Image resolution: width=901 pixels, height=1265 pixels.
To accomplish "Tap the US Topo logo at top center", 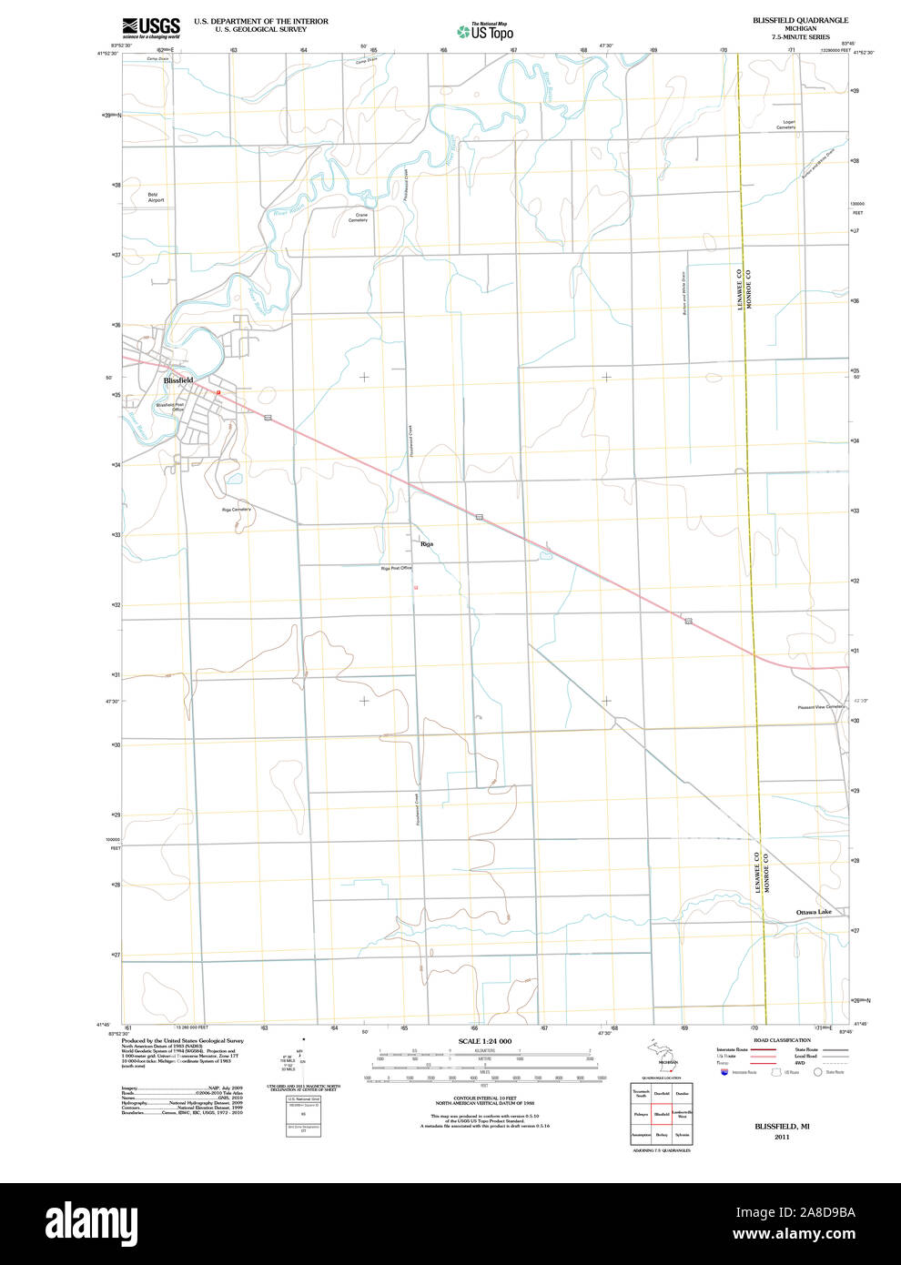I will [485, 32].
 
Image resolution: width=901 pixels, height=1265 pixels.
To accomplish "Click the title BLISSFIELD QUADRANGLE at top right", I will [800, 20].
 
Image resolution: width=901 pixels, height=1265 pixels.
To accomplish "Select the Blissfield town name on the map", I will [178, 379].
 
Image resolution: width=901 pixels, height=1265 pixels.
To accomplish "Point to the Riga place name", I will [427, 543].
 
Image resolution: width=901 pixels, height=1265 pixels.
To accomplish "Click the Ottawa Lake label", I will [814, 912].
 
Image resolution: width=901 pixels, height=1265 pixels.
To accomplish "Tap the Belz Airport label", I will [157, 197].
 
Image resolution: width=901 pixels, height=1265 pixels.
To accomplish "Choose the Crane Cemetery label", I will [358, 218].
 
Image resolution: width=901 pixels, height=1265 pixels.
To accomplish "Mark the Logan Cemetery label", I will [786, 125].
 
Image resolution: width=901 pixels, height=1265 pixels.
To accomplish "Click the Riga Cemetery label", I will [237, 510].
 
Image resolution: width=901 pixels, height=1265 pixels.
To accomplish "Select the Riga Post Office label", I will [397, 568].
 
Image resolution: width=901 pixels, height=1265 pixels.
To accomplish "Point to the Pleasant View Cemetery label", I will [822, 707].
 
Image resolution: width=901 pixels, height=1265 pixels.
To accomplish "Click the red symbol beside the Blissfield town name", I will [219, 392].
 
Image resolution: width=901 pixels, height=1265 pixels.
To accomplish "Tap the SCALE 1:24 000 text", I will [484, 1041].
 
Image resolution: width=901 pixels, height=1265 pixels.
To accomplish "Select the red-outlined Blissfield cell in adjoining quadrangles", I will [662, 1114].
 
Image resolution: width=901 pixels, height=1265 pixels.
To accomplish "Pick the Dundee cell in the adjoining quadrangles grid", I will [683, 1093].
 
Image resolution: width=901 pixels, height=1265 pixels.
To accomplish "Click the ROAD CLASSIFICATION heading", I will [782, 1040].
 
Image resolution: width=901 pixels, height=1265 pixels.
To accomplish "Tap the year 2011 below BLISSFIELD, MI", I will [782, 1137].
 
